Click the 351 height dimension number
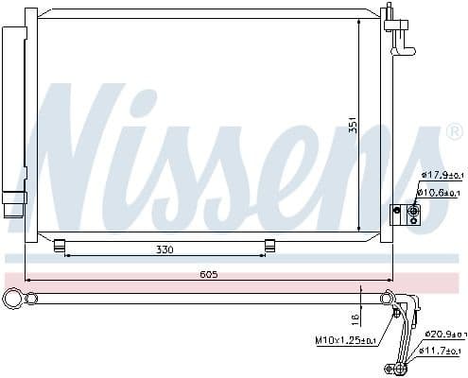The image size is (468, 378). [353, 125]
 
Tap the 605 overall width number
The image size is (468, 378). [210, 275]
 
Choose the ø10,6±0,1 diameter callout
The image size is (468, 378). [442, 192]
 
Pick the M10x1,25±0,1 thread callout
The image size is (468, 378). [346, 340]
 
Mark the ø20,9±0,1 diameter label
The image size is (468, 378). [445, 335]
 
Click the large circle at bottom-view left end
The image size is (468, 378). [14, 300]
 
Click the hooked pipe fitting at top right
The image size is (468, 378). [401, 36]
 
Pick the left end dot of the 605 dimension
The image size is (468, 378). [26, 281]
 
